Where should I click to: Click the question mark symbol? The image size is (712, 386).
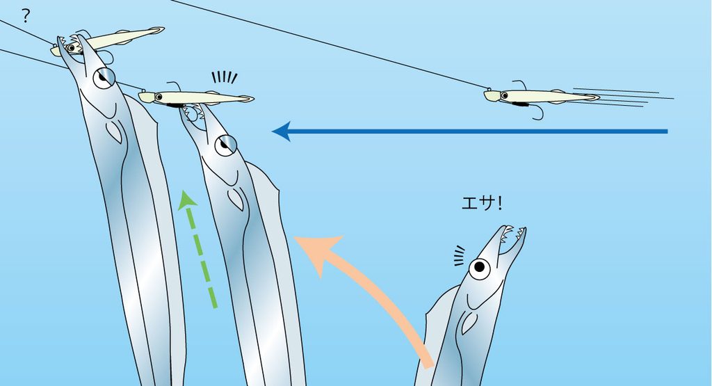point(26,17)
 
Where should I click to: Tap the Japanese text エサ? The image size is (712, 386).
point(481,203)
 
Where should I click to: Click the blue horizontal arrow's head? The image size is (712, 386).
point(282,131)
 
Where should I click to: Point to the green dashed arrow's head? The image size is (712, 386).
point(186,200)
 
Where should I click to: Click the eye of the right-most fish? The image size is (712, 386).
point(480,269)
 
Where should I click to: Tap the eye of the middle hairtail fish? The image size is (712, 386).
point(226,145)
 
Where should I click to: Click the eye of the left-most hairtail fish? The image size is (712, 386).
point(104,78)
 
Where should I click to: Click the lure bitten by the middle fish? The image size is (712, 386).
point(195,97)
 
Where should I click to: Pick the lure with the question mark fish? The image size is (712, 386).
point(106,41)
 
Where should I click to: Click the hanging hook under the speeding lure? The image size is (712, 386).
point(537,112)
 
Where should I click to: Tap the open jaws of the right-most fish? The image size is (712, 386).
point(512,243)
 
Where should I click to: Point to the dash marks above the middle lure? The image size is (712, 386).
point(225,77)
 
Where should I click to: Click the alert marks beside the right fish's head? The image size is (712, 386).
point(459,256)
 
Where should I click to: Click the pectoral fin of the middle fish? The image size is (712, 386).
point(236,200)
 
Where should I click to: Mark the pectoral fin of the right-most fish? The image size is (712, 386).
point(469,323)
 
